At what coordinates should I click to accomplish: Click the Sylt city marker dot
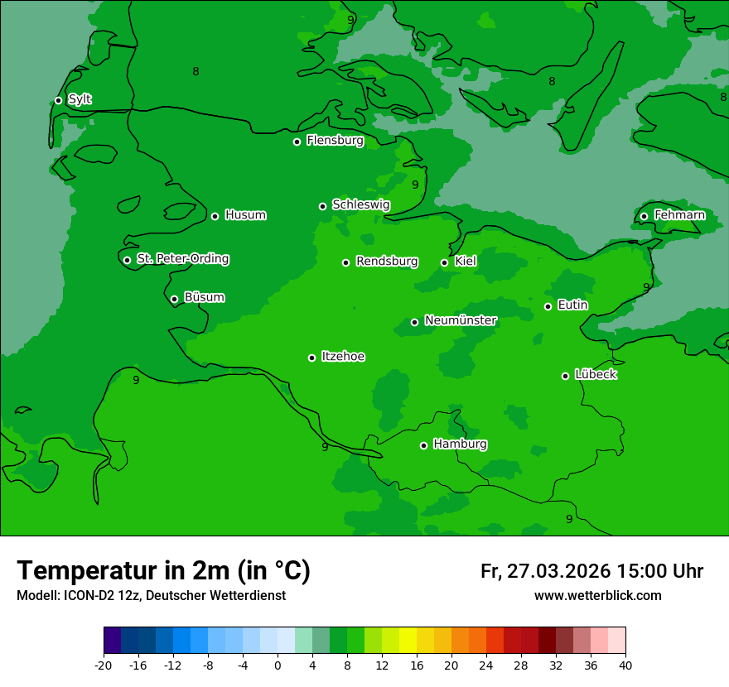point(58,100)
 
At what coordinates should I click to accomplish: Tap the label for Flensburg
point(335,141)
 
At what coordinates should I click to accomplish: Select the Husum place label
point(245,215)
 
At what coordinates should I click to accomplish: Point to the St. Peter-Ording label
point(182,259)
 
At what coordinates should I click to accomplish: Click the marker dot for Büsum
point(174,299)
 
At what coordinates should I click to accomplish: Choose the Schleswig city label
point(360,204)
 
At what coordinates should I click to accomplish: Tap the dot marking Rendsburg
point(345,262)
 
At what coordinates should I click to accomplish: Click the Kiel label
point(465,262)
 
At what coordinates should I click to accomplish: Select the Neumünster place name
point(460,320)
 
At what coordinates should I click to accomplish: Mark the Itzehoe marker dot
point(311,358)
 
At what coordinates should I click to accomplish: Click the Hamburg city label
point(460,444)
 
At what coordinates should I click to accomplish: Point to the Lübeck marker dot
point(565,376)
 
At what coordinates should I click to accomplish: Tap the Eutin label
point(572,305)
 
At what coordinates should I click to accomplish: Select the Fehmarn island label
point(679,215)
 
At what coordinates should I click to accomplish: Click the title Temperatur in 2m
point(163,570)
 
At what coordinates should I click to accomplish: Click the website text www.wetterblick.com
point(597,595)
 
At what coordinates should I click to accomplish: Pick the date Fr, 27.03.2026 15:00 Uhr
point(591,571)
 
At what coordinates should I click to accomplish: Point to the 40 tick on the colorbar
point(625,665)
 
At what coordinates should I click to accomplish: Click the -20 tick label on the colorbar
point(104,665)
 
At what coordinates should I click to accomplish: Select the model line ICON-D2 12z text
point(151,595)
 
